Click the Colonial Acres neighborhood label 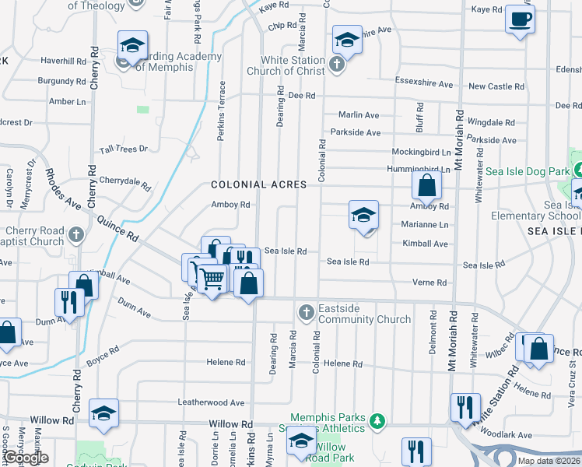(258, 185)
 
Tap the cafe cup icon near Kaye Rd (519, 19)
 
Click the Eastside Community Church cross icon (307, 313)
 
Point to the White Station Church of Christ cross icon (336, 64)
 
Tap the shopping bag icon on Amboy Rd (426, 185)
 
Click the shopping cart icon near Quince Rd (212, 278)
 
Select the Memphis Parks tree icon (377, 421)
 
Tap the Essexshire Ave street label (424, 84)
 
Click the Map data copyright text (549, 461)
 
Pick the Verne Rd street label (429, 283)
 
